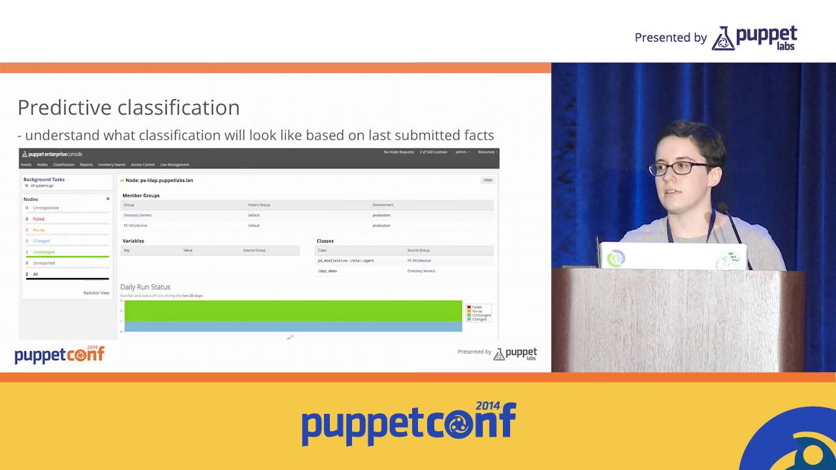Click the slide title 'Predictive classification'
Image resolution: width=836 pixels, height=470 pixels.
[x=129, y=108]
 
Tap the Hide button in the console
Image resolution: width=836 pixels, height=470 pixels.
[x=487, y=180]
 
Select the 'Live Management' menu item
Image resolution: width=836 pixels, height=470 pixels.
[x=174, y=164]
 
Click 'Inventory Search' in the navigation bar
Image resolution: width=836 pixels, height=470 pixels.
[x=112, y=164]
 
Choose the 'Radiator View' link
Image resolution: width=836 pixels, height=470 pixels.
[x=96, y=293]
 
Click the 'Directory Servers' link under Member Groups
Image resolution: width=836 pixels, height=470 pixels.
[x=137, y=215]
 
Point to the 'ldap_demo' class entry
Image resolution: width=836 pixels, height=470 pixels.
[x=327, y=271]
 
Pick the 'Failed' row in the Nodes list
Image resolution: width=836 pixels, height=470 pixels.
[x=39, y=219]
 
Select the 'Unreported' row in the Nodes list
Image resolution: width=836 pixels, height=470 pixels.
[x=44, y=263]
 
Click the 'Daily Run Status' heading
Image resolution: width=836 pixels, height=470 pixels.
[x=145, y=287]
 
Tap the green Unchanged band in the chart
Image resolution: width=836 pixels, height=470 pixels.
[x=293, y=310]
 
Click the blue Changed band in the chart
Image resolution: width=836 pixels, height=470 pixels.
[x=293, y=326]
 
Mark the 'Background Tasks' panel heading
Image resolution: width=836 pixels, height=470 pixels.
[x=44, y=180]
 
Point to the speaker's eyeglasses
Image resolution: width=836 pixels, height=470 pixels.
[x=679, y=168]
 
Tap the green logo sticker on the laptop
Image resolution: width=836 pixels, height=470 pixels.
[x=615, y=258]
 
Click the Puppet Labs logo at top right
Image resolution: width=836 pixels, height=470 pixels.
[x=754, y=38]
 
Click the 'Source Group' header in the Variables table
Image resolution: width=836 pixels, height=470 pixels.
[x=254, y=251]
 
